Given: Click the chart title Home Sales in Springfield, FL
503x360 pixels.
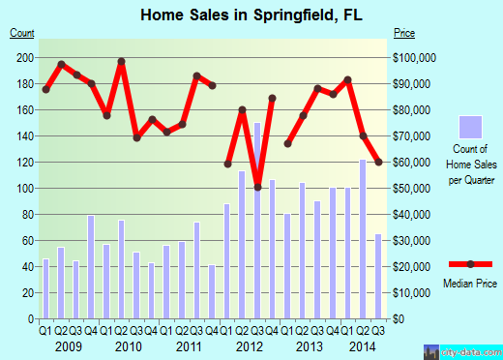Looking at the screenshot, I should pyautogui.click(x=251, y=15).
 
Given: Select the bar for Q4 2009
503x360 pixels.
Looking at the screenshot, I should pyautogui.click(x=91, y=267).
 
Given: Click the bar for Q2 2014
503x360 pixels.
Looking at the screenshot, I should pyautogui.click(x=363, y=239).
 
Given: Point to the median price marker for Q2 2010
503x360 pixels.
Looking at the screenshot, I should pyautogui.click(x=122, y=62).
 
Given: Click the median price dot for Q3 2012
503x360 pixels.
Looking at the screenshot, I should pyautogui.click(x=257, y=187).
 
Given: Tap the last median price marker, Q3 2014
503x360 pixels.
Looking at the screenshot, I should pyautogui.click(x=378, y=162).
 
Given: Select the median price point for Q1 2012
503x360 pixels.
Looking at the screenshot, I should pyautogui.click(x=227, y=164).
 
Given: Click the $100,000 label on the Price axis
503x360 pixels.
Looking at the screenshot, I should pyautogui.click(x=418, y=57).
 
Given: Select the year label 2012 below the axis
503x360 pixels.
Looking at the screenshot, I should pyautogui.click(x=250, y=345).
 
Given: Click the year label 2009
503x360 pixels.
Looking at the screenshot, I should pyautogui.click(x=68, y=345).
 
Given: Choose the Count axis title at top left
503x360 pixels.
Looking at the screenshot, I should pyautogui.click(x=22, y=33).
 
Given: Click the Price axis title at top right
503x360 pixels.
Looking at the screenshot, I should pyautogui.click(x=404, y=33).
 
